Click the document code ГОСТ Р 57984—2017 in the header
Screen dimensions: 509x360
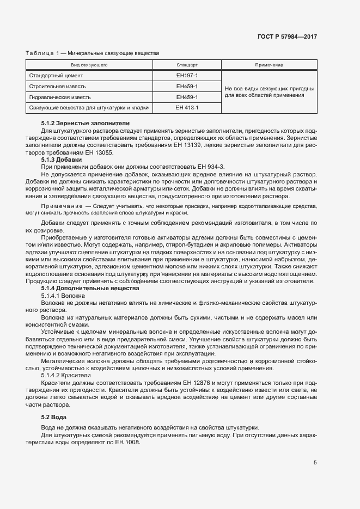pos(288,37)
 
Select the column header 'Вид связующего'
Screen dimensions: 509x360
pos(89,65)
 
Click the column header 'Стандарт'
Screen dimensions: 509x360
pos(187,65)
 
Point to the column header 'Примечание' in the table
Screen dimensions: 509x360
pos(269,65)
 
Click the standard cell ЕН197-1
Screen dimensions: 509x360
pos(187,76)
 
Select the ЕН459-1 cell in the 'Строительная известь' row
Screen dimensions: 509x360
pos(187,86)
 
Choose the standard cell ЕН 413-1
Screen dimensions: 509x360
pos(187,108)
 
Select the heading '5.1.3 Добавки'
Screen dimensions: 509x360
pos(61,160)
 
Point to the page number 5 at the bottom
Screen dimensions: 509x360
pos(315,463)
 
